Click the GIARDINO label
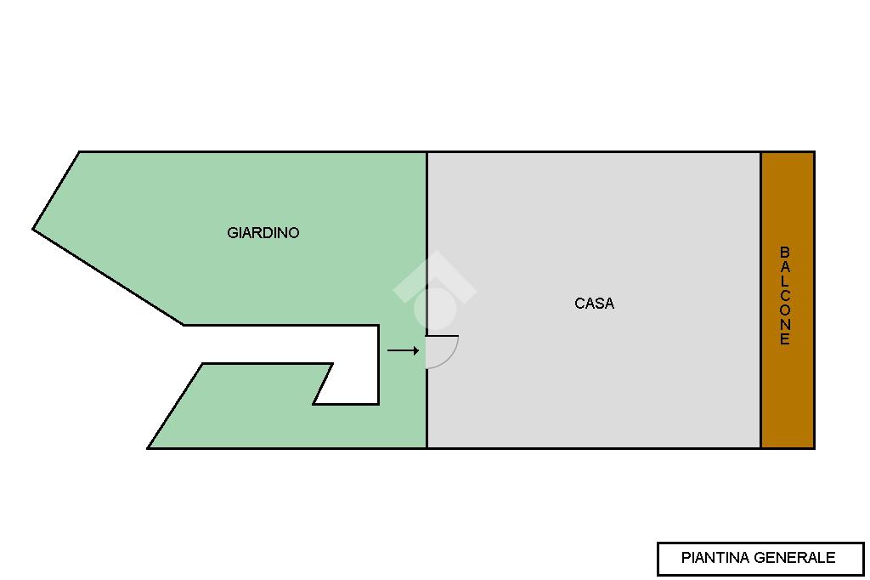pyautogui.click(x=263, y=233)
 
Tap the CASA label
pyautogui.click(x=594, y=304)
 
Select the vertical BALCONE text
pyautogui.click(x=785, y=296)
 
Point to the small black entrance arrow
pyautogui.click(x=403, y=350)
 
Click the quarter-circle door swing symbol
pyautogui.click(x=441, y=351)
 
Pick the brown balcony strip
pyautogui.click(x=788, y=391)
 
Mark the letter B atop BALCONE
pyautogui.click(x=785, y=253)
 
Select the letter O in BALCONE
pyautogui.click(x=785, y=310)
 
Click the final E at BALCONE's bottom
pyautogui.click(x=785, y=340)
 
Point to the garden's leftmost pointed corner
pyautogui.click(x=33, y=229)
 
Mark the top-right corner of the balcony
pyautogui.click(x=814, y=152)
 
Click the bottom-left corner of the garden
pyautogui.click(x=149, y=447)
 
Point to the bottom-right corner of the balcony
pyautogui.click(x=814, y=447)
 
